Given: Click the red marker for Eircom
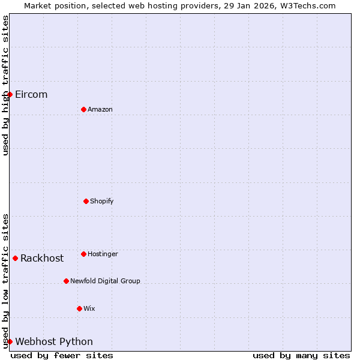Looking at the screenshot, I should pos(10,94).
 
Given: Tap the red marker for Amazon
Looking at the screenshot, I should pos(83,109).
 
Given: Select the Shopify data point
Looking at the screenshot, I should pos(86,201).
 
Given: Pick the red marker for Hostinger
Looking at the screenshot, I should pos(83,254).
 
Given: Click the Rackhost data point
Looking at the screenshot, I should pos(15,258).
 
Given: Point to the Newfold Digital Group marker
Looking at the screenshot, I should pos(66,281).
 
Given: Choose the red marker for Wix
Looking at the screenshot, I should pos(79,308).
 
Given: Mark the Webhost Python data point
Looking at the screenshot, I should pos(10,341).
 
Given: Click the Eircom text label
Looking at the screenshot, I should pos(31,95).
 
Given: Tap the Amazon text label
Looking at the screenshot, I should pos(100,110).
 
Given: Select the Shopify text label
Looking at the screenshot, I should pos(102,202).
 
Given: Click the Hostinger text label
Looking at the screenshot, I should pos(103,254).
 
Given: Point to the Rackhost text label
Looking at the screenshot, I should pos(42,259).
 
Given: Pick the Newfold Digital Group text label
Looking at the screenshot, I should pos(105,281).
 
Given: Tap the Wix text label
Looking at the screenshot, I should pos(89,309).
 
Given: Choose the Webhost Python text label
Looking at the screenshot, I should pos(54,342).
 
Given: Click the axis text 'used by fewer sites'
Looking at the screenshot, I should pos(62,355).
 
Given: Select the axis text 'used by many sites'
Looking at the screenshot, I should pos(301,355).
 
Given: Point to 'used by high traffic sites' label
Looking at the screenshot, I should pos(5,85).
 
